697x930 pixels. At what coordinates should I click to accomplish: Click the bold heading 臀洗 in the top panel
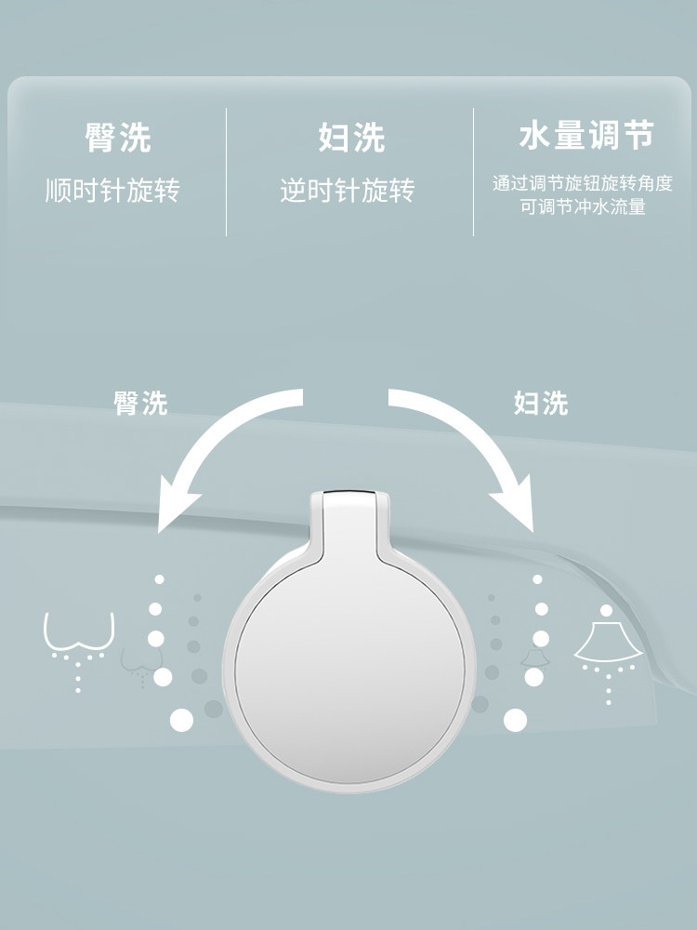[118, 139]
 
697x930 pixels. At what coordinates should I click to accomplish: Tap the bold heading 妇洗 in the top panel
[351, 139]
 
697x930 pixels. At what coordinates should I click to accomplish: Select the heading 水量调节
[585, 137]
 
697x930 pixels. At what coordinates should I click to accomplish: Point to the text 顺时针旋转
[112, 191]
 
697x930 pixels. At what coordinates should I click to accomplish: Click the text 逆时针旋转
[347, 191]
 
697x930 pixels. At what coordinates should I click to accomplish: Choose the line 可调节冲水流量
[582, 207]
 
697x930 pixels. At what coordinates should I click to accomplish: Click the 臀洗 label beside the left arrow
[141, 404]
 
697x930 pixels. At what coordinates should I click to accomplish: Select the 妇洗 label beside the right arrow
[541, 404]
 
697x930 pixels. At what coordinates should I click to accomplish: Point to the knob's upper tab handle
[348, 521]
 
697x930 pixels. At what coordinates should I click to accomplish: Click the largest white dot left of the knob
[181, 719]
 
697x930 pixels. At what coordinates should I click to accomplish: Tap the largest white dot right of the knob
[515, 719]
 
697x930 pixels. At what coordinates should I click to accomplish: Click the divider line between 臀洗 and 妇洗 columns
[226, 172]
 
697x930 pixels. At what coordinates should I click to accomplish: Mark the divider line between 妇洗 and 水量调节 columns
[473, 172]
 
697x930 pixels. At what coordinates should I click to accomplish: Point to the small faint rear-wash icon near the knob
[138, 663]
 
